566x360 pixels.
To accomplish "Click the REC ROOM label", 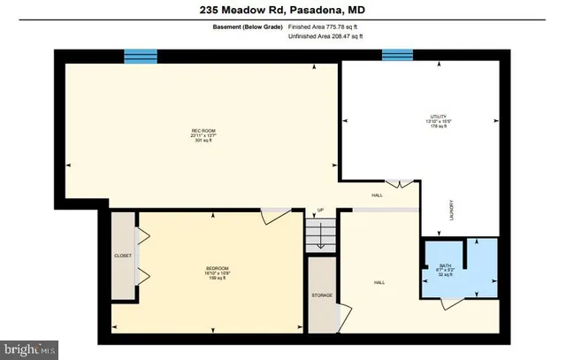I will click(x=203, y=131).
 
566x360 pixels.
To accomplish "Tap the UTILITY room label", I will click(x=434, y=117).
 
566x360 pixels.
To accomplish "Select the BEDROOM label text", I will click(x=218, y=268).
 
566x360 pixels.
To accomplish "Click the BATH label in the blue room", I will click(x=446, y=265).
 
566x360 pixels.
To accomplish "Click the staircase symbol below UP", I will click(x=321, y=234).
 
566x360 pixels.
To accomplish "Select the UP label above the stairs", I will click(x=321, y=211).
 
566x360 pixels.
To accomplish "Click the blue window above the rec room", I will click(x=140, y=57).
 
